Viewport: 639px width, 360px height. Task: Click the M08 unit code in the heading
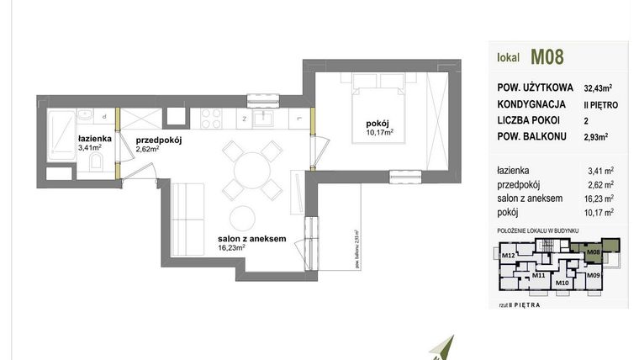click(547, 58)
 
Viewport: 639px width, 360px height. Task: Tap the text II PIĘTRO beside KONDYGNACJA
click(599, 105)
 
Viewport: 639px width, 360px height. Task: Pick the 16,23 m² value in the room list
click(600, 200)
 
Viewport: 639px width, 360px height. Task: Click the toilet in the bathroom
click(97, 161)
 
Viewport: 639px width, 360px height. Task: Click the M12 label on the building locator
click(507, 255)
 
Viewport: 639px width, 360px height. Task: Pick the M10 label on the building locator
click(562, 283)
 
